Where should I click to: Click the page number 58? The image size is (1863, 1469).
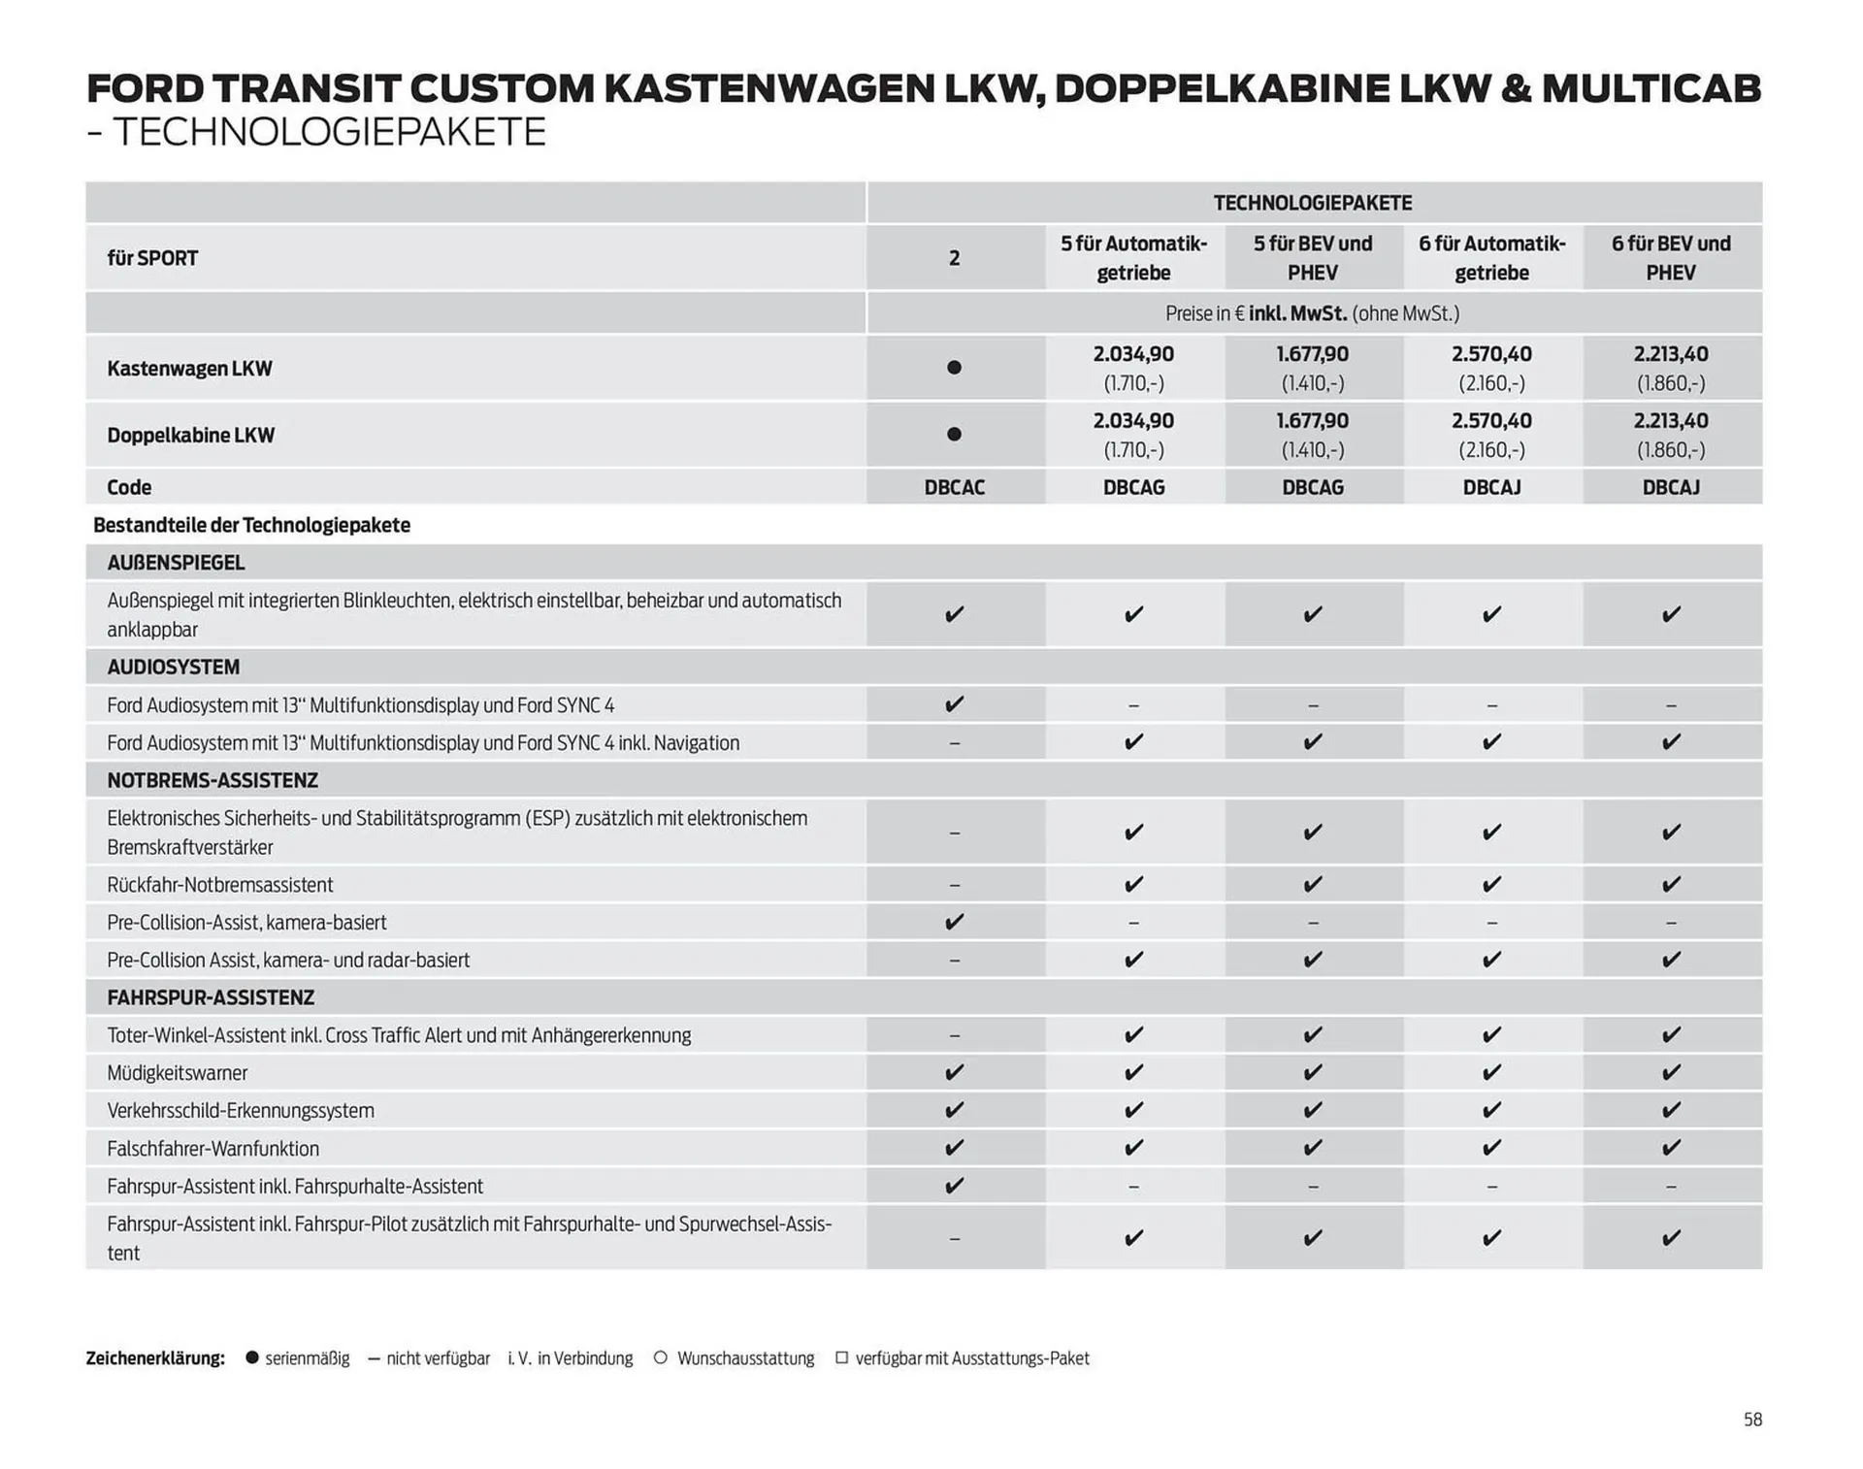point(1751,1420)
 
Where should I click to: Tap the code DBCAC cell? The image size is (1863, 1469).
point(954,487)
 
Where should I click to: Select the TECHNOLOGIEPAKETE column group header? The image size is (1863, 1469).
point(1312,203)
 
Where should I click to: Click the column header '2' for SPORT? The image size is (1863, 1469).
point(954,258)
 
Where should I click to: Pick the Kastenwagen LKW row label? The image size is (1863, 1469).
point(189,369)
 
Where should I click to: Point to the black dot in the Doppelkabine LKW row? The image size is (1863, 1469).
point(954,435)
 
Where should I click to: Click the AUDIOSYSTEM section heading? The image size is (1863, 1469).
point(173,668)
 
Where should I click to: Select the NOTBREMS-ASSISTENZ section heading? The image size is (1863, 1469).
point(212,780)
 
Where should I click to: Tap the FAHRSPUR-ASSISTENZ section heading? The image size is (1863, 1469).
point(210,997)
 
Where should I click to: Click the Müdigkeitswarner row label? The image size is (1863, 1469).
point(177,1073)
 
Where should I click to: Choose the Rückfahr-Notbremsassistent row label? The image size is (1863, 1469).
point(219,885)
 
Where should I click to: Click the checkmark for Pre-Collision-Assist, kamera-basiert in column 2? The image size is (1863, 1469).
point(954,922)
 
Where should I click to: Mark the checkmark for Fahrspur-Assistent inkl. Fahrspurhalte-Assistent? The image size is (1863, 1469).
point(954,1186)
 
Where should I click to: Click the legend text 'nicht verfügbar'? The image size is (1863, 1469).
point(438,1358)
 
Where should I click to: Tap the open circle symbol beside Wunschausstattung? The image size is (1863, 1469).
point(661,1357)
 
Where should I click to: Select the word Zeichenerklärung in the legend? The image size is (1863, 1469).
point(155,1358)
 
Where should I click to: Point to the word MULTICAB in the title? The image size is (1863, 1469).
point(1651,89)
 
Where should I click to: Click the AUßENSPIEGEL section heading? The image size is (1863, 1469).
point(176,563)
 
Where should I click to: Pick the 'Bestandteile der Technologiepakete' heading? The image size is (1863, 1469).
point(251,525)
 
